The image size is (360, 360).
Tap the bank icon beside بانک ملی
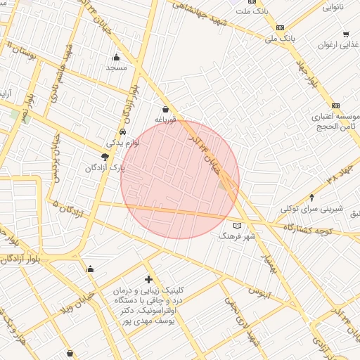(x=281, y=28)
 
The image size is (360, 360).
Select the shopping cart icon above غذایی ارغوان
(x=346, y=34)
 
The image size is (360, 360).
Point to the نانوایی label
(x=333, y=8)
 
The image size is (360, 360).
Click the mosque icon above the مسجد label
(x=116, y=58)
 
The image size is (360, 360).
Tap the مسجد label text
(x=115, y=68)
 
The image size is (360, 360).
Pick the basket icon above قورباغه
(x=165, y=109)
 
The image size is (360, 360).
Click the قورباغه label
(x=165, y=120)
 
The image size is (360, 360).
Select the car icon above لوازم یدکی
(x=123, y=131)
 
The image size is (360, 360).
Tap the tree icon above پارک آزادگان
(x=105, y=156)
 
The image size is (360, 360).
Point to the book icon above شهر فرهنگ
(x=237, y=226)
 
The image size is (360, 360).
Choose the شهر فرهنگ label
(x=234, y=237)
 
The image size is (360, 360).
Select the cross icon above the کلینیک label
(x=148, y=280)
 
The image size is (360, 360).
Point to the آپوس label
(x=259, y=290)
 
